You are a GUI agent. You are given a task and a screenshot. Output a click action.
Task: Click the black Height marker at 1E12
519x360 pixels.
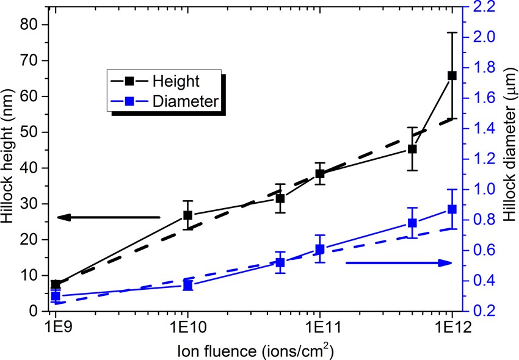(452, 75)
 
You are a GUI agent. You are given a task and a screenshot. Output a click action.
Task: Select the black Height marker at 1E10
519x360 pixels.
(188, 215)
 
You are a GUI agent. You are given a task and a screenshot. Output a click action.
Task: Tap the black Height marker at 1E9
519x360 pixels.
(56, 284)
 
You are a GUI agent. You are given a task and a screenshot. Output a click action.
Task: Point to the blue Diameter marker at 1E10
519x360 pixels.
(188, 285)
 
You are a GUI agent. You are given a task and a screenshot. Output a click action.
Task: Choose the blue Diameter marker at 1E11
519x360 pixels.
(319, 249)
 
